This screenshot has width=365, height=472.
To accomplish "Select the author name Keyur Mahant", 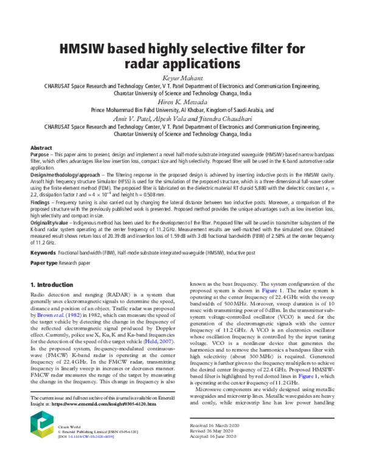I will [182, 78].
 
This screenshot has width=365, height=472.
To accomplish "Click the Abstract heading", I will [41, 148].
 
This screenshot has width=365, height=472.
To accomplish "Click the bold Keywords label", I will [44, 251].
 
